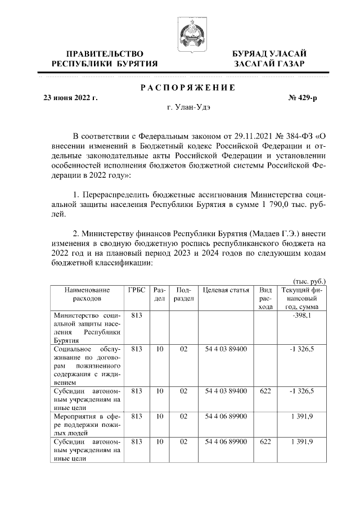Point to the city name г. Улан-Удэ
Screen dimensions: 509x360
[187, 107]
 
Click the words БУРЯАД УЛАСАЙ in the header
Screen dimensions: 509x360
[269, 53]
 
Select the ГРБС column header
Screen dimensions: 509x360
[137, 290]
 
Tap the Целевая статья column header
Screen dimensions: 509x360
[226, 290]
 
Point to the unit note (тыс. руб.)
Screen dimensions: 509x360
[309, 281]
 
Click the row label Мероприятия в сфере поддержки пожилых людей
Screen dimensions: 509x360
[87, 422]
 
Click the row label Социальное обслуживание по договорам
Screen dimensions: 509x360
[87, 364]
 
